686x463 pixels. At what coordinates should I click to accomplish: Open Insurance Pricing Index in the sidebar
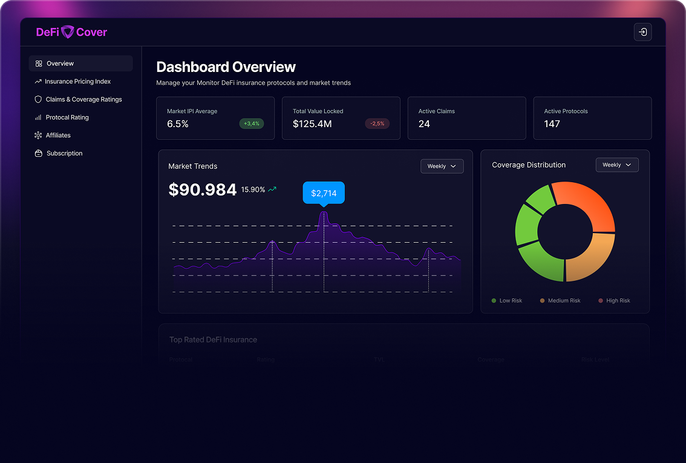(77, 82)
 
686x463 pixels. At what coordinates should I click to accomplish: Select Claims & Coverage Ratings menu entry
(83, 99)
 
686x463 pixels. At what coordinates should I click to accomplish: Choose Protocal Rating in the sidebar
(67, 117)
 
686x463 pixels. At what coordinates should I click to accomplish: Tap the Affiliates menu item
(58, 136)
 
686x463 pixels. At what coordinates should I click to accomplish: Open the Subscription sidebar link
(64, 154)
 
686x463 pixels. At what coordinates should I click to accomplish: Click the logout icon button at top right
(642, 32)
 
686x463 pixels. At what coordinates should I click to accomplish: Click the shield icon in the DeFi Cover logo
(68, 32)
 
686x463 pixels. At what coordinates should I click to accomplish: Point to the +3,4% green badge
(252, 123)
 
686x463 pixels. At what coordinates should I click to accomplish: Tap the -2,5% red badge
(377, 123)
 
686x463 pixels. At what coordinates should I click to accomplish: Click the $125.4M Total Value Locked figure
(312, 124)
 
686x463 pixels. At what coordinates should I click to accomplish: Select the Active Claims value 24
(424, 124)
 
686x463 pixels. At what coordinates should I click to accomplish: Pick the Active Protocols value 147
(552, 124)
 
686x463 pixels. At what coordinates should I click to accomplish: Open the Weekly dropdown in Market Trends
(442, 166)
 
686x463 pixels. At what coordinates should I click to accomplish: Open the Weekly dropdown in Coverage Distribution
(616, 165)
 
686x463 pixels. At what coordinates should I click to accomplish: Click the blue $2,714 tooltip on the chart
(324, 193)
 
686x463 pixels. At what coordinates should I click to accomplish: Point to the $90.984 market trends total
(202, 190)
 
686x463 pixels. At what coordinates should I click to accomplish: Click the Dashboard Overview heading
(226, 67)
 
